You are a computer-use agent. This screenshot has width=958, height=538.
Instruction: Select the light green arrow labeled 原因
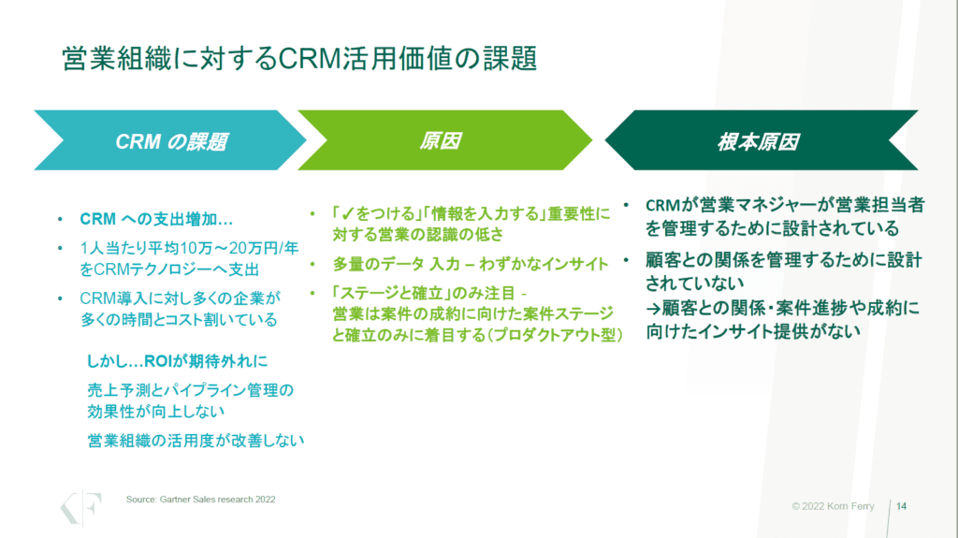tap(440, 141)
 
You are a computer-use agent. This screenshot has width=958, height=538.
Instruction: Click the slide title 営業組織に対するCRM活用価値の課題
tap(299, 59)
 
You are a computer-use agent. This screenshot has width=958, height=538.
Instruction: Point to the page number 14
tap(902, 506)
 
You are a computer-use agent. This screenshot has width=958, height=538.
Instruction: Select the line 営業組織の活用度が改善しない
tap(196, 440)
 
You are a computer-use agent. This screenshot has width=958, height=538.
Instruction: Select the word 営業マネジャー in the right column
tap(748, 205)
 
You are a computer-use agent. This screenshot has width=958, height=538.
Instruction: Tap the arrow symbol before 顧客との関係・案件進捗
tap(654, 307)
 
